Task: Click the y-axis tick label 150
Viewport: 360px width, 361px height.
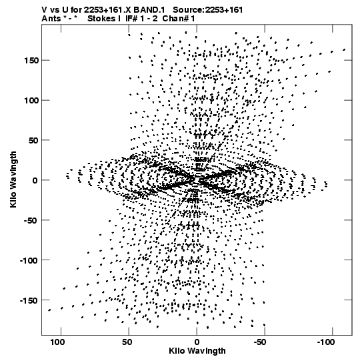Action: (31, 61)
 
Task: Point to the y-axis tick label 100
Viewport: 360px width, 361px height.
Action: (31, 101)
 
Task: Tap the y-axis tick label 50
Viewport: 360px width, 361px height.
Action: (33, 140)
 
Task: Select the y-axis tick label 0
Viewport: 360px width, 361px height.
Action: (35, 180)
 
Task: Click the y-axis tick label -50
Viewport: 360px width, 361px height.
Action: (31, 221)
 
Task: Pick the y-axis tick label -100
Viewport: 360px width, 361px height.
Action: (29, 261)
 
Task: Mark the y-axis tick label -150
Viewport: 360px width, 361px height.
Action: (29, 301)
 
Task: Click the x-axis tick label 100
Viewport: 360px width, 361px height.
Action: (57, 342)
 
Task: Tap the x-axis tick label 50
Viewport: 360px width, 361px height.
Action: (127, 342)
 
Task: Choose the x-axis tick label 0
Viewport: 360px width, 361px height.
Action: (197, 342)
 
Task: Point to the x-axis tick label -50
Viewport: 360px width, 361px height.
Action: (260, 342)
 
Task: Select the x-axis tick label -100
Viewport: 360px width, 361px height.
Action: (326, 342)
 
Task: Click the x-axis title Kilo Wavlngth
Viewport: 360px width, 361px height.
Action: (197, 351)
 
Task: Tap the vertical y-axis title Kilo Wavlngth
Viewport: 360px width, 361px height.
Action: (13, 179)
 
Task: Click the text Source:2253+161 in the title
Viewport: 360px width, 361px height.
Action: (208, 10)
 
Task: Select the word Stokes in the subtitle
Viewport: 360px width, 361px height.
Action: (99, 19)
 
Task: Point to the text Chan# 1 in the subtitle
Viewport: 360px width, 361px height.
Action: (179, 19)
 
